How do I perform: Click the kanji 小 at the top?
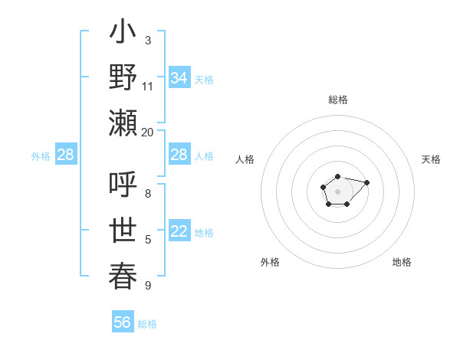pos(123,34)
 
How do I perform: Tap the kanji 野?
pos(123,78)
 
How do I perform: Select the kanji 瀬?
pos(123,123)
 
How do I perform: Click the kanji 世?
pos(123,231)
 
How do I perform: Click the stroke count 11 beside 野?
pos(148,86)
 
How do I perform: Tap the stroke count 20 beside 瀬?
pos(148,132)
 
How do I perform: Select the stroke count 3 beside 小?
pos(148,40)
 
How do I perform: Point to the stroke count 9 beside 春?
pos(148,286)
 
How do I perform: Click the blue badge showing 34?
pos(179,78)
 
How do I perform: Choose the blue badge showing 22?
pos(179,232)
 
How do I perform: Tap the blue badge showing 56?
pos(122,322)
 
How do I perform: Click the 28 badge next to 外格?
pos(65,155)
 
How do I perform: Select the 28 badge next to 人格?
pos(179,155)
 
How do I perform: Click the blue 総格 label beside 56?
pos(147,324)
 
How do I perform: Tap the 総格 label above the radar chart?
pos(337,100)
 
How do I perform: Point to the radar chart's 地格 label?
pos(402,262)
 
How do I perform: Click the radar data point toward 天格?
pos(366,182)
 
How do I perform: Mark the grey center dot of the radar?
pos(337,191)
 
